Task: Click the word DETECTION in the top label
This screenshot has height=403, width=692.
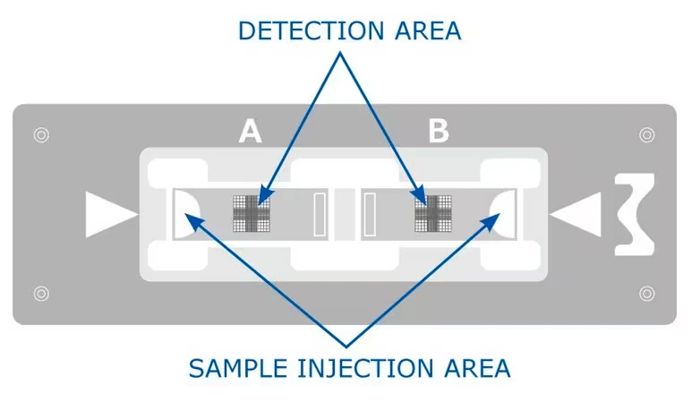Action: [312, 31]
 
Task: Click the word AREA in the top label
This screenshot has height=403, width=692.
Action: [428, 31]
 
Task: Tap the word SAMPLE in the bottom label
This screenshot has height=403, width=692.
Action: [239, 369]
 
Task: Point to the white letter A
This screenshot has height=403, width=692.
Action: [251, 132]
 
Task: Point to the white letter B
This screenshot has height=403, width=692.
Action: [439, 131]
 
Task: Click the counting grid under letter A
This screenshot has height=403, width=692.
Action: [252, 214]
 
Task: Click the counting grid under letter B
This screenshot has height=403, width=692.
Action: [433, 214]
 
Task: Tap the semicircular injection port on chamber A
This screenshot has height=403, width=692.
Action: [184, 214]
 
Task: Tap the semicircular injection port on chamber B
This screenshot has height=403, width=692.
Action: [504, 214]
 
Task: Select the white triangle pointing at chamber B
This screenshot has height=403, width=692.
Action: [576, 215]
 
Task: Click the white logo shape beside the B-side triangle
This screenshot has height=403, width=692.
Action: [634, 215]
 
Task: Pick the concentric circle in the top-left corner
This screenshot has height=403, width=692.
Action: [41, 134]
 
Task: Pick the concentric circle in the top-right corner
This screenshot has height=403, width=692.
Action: [647, 134]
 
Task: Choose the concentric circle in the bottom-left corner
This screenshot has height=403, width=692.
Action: [41, 294]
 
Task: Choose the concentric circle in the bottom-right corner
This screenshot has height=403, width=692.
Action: [647, 294]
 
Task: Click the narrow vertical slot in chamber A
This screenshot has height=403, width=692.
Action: [320, 214]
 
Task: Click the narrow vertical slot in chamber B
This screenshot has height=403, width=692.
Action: [370, 214]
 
